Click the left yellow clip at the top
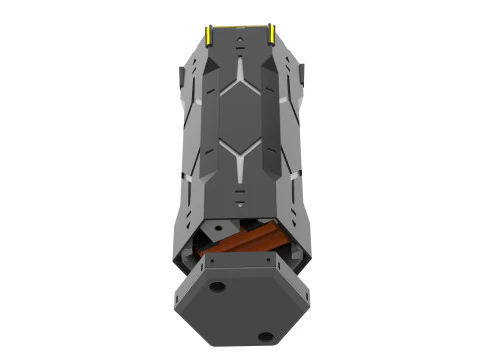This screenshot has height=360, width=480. tap(207, 35)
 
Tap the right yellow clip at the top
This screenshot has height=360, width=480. tap(271, 35)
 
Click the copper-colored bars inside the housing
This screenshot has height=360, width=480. tap(245, 246)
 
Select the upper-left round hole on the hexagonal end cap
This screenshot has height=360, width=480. tap(216, 288)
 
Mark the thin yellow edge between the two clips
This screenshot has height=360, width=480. tap(239, 26)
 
